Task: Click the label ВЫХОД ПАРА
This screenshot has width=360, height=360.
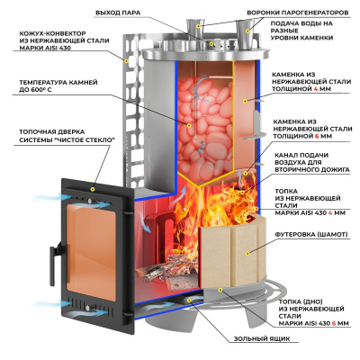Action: pos(118,13)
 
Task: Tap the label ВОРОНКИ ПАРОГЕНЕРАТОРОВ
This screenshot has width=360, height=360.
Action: pos(298,13)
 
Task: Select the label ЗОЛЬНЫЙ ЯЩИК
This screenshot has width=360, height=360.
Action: pos(262,339)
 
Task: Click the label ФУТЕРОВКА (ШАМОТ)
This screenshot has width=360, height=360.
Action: pos(311,234)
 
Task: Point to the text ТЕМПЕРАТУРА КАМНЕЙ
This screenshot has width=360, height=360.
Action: pos(58,82)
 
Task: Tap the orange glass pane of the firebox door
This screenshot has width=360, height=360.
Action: pos(91,251)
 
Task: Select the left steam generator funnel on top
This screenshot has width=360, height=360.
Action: pos(196,29)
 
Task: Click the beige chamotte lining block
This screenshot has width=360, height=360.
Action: pos(232,252)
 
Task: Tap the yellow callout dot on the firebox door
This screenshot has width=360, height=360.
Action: pos(93,189)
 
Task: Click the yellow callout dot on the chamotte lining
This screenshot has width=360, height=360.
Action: pos(247,254)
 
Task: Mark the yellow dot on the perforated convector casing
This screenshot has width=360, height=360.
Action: pos(126,61)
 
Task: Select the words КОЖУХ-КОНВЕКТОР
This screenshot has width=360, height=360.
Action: pos(52,33)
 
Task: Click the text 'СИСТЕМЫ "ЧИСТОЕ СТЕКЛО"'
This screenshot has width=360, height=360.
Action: pos(67,140)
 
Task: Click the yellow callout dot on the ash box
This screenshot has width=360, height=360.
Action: pos(189,300)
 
